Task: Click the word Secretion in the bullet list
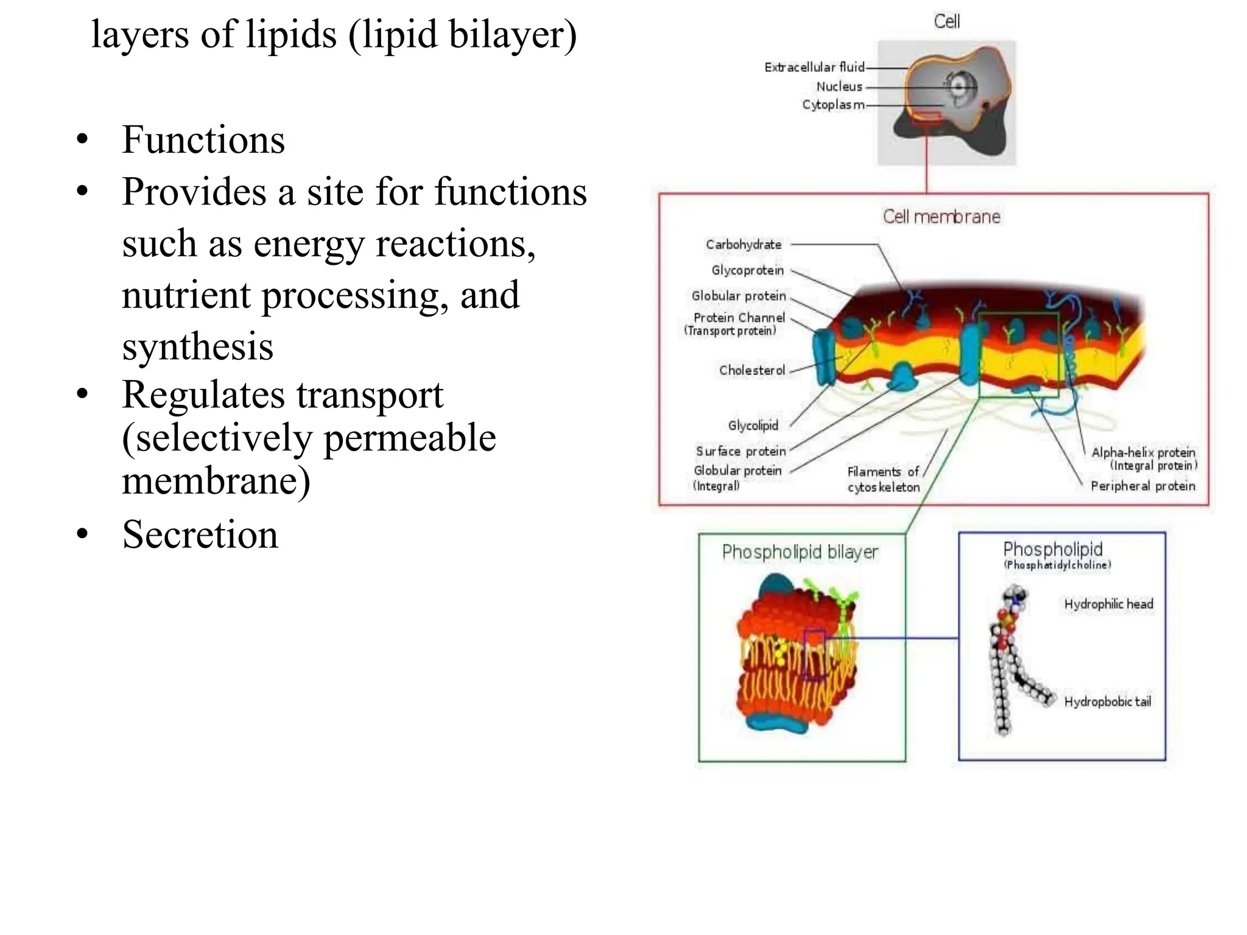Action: (200, 534)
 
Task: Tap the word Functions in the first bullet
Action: (203, 139)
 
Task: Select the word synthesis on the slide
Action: (197, 346)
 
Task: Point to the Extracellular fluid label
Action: (814, 67)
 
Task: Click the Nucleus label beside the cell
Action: (839, 86)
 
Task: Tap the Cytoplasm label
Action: (833, 105)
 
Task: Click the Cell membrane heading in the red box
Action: (941, 217)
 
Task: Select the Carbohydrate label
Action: (743, 245)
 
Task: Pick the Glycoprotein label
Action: (748, 270)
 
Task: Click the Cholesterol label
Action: (752, 370)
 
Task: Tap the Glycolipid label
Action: (753, 425)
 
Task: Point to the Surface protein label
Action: (741, 451)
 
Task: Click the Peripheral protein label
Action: (1143, 486)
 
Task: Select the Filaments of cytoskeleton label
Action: (883, 479)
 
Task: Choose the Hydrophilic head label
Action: (1108, 604)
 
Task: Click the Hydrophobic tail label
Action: (1107, 702)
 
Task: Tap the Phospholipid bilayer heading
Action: (800, 552)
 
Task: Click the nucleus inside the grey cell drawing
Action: (959, 86)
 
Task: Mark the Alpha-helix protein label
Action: (1143, 452)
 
